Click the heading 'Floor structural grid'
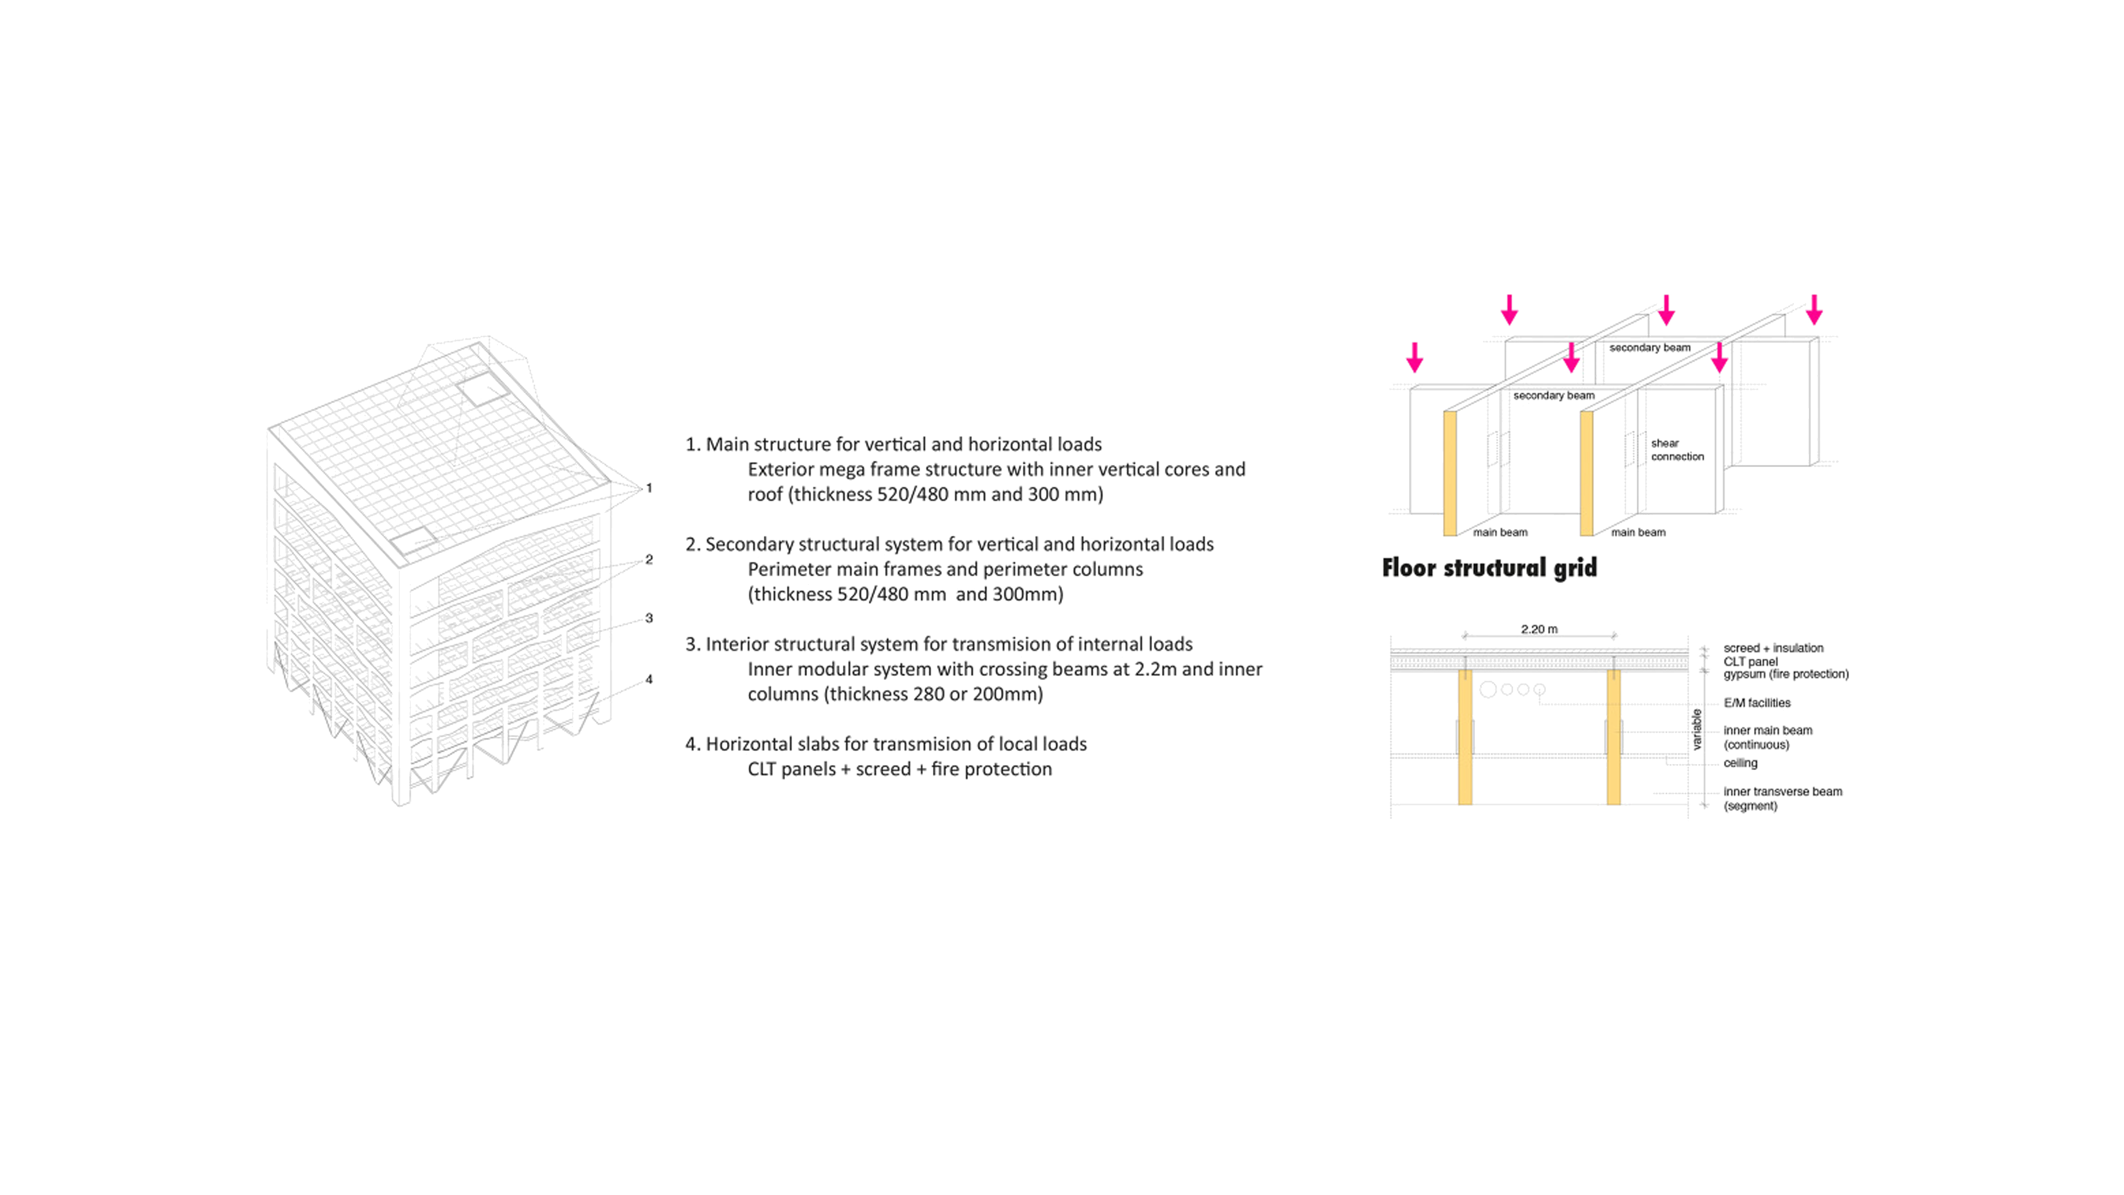click(1489, 568)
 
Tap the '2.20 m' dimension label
click(1539, 629)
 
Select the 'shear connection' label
click(1676, 450)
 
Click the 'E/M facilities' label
click(1756, 702)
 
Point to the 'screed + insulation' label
click(1773, 648)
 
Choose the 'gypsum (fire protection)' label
click(1785, 674)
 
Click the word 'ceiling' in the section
click(1740, 763)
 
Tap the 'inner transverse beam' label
click(1782, 792)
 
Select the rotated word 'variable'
click(1696, 729)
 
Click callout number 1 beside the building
click(649, 488)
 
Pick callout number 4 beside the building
click(649, 680)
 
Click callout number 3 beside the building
click(649, 618)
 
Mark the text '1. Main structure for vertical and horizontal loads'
click(893, 445)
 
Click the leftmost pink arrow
click(1414, 358)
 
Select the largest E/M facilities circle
click(1488, 689)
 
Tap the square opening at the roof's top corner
click(482, 388)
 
